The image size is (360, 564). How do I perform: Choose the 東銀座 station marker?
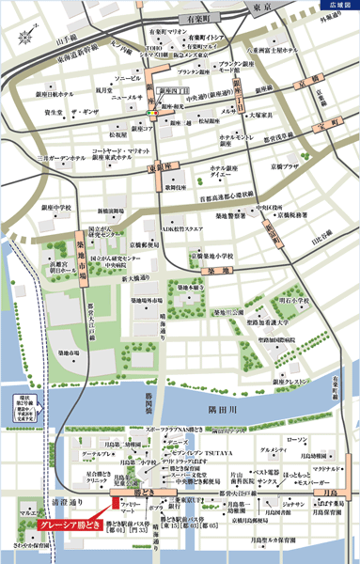pyautogui.click(x=160, y=166)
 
